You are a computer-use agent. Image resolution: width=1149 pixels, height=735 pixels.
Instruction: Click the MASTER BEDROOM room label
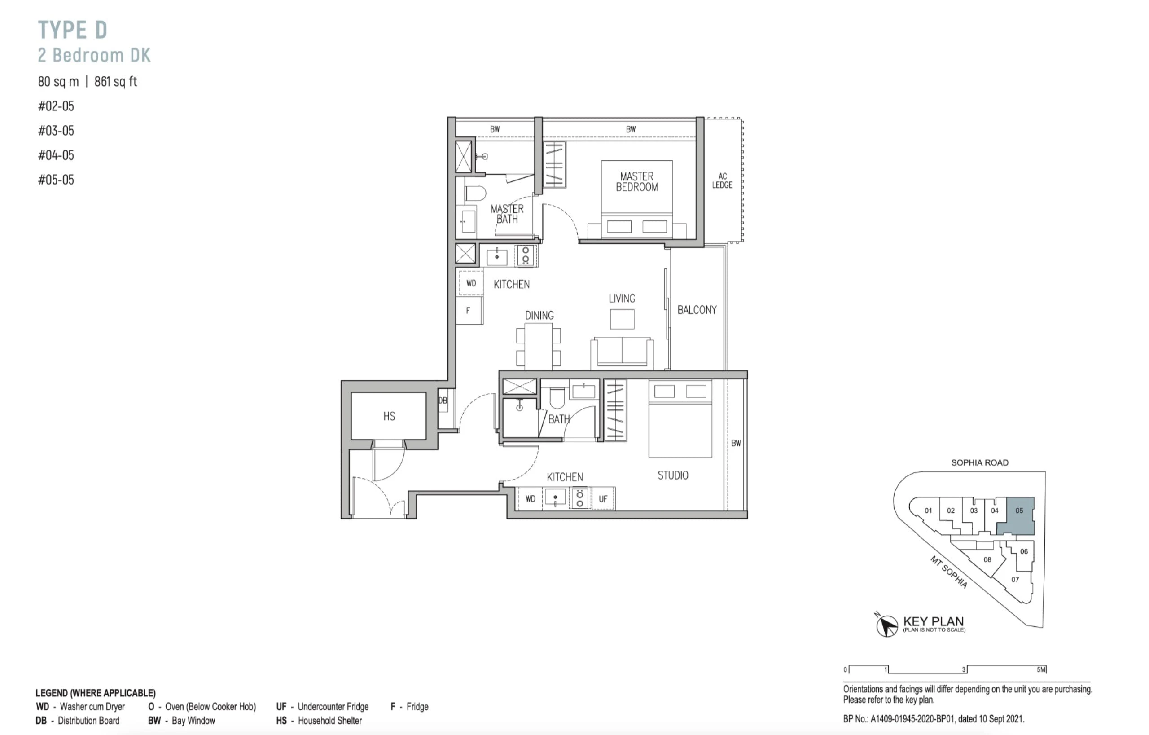pos(636,182)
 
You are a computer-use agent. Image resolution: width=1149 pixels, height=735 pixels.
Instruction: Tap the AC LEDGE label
pos(722,180)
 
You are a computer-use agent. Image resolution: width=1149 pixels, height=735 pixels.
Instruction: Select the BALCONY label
pos(697,310)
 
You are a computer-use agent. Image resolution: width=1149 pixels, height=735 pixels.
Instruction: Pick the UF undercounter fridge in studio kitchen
pos(603,499)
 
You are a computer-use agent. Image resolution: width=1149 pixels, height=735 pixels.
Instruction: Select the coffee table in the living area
pos(622,319)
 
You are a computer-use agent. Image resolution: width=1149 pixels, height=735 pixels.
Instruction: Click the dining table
pos(539,347)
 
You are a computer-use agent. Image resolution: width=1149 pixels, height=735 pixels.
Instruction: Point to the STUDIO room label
pos(673,475)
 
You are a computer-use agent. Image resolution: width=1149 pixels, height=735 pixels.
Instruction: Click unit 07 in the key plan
pos(1015,579)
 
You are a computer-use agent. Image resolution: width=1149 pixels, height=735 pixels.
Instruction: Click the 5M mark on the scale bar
pos(1041,669)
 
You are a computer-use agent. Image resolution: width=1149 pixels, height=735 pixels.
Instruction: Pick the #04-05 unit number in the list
pos(56,155)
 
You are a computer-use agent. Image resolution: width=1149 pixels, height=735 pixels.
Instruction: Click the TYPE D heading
pos(73,30)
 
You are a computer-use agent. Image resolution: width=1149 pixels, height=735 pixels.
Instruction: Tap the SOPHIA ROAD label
pos(980,462)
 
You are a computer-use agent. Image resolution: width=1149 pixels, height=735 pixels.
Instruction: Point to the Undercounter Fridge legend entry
pos(323,706)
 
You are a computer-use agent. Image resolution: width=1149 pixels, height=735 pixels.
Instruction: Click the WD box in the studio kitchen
pos(531,499)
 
